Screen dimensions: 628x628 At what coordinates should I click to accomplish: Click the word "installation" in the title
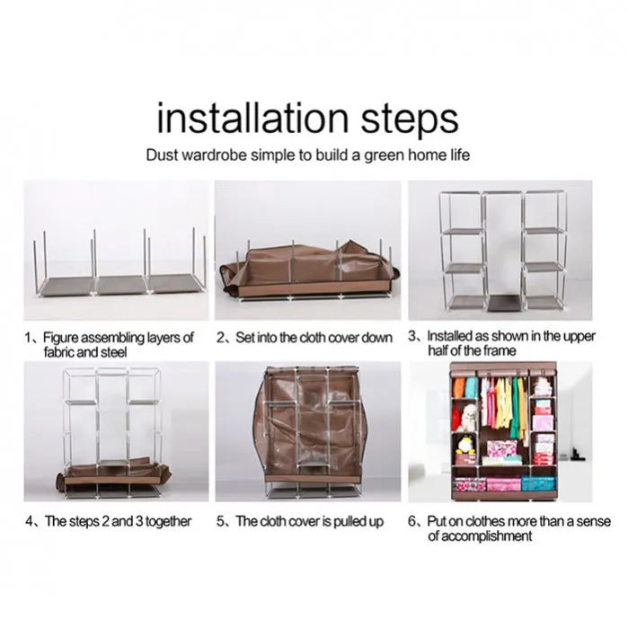pyautogui.click(x=252, y=118)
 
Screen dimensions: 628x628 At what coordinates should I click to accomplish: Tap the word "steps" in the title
pyautogui.click(x=410, y=120)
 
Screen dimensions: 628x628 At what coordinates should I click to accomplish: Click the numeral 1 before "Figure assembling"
pyautogui.click(x=27, y=338)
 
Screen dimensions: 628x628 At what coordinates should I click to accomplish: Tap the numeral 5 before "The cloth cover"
pyautogui.click(x=220, y=521)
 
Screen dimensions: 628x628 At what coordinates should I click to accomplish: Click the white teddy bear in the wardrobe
pyautogui.click(x=469, y=418)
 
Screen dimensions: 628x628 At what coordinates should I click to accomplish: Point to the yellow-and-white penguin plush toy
pyautogui.click(x=465, y=446)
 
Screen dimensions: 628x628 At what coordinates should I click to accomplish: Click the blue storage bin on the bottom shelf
pyautogui.click(x=539, y=483)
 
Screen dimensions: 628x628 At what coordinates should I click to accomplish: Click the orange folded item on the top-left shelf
pyautogui.click(x=458, y=386)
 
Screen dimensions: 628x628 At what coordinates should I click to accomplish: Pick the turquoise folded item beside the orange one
pyautogui.click(x=471, y=387)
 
